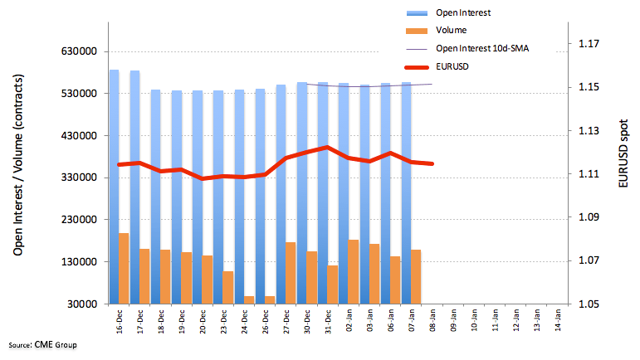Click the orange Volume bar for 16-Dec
(x=124, y=268)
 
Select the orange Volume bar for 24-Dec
(x=249, y=299)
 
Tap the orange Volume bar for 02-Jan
(x=353, y=271)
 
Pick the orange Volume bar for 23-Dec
(x=228, y=288)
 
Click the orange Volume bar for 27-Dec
(x=291, y=273)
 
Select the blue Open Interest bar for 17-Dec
(x=134, y=187)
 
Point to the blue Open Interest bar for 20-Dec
(x=197, y=197)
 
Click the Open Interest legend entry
(x=448, y=12)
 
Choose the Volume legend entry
(x=437, y=30)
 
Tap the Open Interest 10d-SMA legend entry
(x=467, y=48)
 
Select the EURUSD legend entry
(x=437, y=67)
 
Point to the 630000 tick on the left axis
(x=79, y=51)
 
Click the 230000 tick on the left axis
(x=79, y=219)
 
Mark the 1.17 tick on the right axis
(x=589, y=43)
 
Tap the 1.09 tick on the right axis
(x=589, y=216)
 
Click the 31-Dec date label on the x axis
(x=328, y=322)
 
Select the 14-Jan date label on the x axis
(x=558, y=320)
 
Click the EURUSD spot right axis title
(x=623, y=153)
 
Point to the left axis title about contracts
(x=18, y=165)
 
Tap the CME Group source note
(x=42, y=345)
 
